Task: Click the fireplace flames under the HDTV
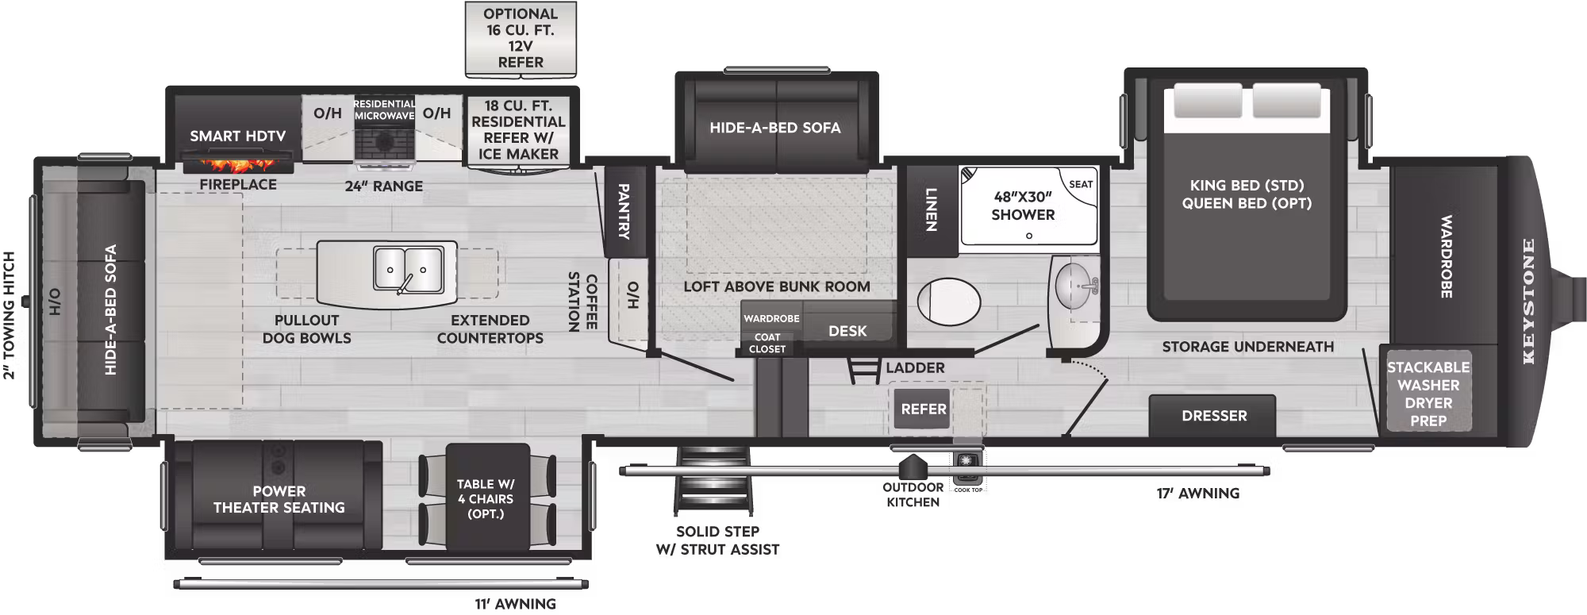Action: (237, 165)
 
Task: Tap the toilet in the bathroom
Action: (948, 302)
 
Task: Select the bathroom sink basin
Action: (1076, 286)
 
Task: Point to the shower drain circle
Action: (1028, 236)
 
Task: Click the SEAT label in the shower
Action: (1081, 184)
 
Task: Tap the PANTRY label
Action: (624, 211)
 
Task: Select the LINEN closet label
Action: (932, 209)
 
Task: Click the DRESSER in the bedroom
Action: (1213, 416)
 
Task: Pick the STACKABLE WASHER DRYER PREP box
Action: (1428, 394)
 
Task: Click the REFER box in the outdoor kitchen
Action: (923, 409)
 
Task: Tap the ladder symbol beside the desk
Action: (862, 371)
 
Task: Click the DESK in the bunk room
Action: (847, 330)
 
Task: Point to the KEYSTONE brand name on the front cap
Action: (1528, 302)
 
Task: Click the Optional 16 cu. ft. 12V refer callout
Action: (521, 38)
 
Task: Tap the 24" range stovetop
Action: (385, 143)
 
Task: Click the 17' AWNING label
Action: (1197, 494)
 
